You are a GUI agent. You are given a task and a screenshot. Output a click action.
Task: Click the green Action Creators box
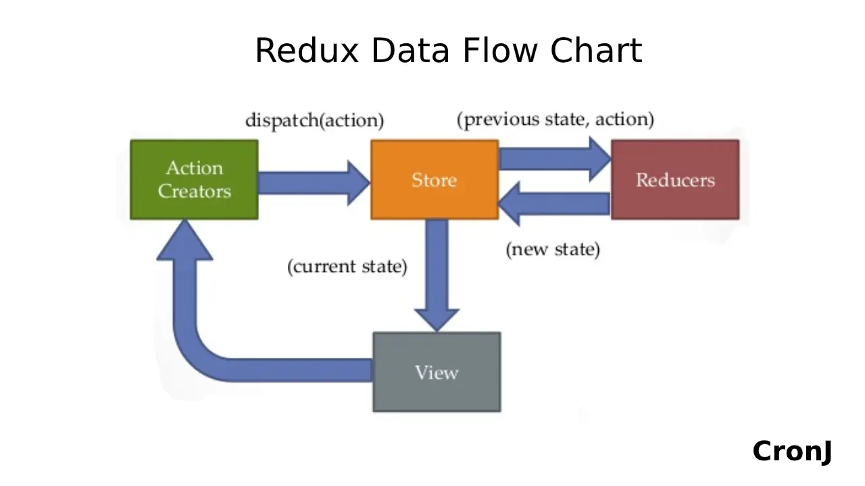click(194, 180)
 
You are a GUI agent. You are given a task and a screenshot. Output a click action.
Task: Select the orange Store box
click(435, 180)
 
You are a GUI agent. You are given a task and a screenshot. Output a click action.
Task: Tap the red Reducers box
click(675, 180)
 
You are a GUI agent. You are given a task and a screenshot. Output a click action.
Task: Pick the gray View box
click(437, 372)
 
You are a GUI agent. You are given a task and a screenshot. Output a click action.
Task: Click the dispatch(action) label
click(314, 121)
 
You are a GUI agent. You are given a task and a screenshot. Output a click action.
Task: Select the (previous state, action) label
click(555, 119)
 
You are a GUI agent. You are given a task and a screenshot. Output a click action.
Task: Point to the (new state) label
click(553, 249)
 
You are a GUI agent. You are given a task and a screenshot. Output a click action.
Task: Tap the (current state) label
click(347, 266)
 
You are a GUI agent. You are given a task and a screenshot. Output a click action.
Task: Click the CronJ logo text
click(792, 451)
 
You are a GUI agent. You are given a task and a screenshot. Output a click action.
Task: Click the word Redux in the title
click(306, 51)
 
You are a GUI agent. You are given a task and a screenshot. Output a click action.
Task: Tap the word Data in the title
click(412, 51)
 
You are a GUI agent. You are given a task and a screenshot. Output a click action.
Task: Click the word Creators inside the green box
click(195, 191)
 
